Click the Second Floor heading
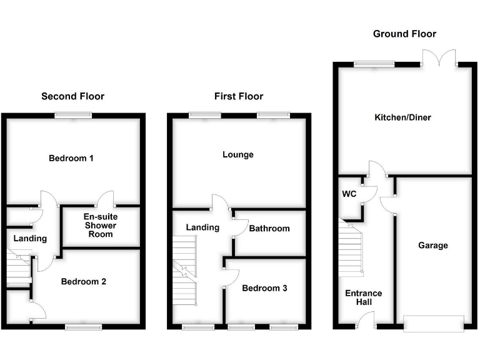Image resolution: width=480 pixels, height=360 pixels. [72, 96]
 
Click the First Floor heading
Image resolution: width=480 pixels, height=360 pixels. [239, 96]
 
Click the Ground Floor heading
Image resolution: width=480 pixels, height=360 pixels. [404, 34]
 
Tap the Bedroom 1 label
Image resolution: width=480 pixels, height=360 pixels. [71, 158]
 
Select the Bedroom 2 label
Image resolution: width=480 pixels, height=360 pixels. [83, 282]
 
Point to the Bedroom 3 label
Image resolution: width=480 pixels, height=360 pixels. [264, 288]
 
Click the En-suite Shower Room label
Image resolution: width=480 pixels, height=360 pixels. [101, 226]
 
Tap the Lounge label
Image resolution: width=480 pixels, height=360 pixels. [238, 154]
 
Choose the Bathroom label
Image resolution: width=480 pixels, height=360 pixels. [269, 229]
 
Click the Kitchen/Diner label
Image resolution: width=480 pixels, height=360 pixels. [402, 117]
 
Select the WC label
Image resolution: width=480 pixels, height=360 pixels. [349, 194]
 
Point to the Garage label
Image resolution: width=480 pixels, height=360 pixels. [433, 246]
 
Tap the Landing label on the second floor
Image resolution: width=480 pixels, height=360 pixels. [30, 239]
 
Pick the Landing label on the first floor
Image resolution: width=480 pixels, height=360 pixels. [202, 227]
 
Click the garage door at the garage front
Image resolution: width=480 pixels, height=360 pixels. [434, 323]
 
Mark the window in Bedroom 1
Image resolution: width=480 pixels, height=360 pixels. [72, 114]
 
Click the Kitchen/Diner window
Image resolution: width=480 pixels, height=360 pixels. [374, 63]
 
